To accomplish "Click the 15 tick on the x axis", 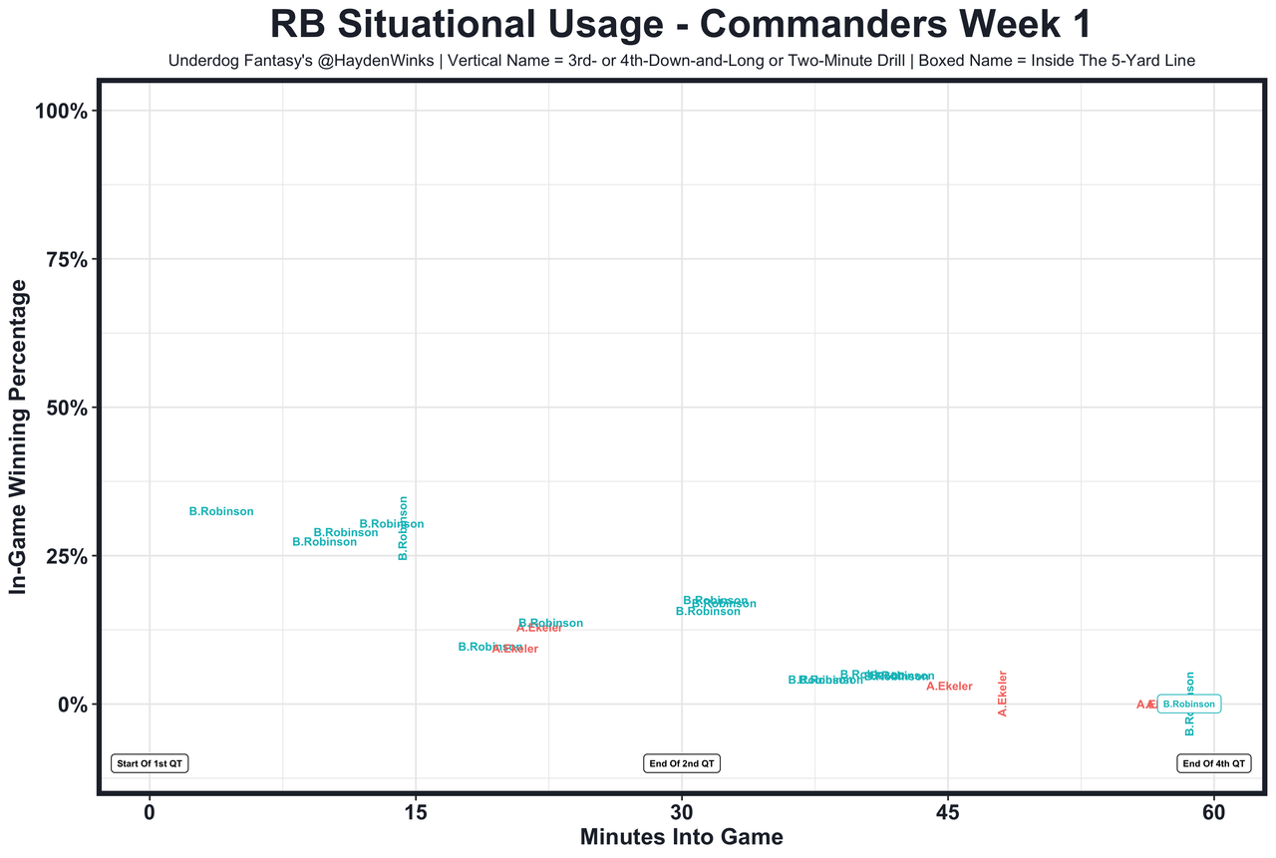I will click(415, 812).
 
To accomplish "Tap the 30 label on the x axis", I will click(681, 812).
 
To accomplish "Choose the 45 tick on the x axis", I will click(947, 812).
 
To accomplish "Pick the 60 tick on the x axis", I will click(1213, 812).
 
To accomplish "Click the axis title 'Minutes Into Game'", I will click(681, 838).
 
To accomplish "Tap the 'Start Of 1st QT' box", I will click(150, 763).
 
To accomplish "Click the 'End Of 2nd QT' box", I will click(682, 763).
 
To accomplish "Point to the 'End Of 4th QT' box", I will click(1213, 763).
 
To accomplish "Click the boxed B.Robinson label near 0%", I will click(1188, 705).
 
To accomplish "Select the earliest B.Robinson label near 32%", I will click(221, 511).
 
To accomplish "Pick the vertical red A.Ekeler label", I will click(1003, 694).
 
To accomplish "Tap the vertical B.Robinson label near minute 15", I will click(403, 528).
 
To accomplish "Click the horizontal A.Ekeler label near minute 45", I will click(949, 686).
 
